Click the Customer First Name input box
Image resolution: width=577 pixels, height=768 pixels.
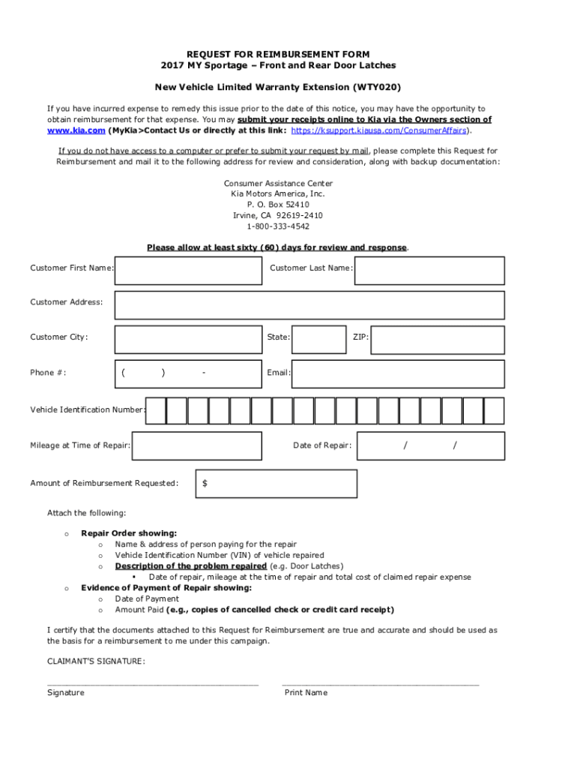click(187, 271)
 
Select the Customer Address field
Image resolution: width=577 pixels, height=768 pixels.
click(309, 304)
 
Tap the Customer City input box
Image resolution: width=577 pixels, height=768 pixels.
click(187, 339)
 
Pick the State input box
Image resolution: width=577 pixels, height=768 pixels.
click(318, 339)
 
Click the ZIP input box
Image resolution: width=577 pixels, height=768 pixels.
click(438, 339)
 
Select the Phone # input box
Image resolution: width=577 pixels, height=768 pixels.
click(187, 373)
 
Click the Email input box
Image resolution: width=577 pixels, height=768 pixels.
click(398, 373)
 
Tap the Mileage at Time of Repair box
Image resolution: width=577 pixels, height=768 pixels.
click(197, 446)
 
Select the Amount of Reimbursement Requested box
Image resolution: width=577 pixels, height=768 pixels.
click(277, 484)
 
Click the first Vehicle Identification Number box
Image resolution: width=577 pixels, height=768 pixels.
click(155, 411)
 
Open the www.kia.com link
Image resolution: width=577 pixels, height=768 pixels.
click(76, 130)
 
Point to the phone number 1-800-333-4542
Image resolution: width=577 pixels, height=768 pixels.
click(278, 226)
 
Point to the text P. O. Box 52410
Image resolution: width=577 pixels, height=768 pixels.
click(278, 205)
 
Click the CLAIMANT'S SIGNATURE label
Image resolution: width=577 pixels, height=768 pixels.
click(96, 661)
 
